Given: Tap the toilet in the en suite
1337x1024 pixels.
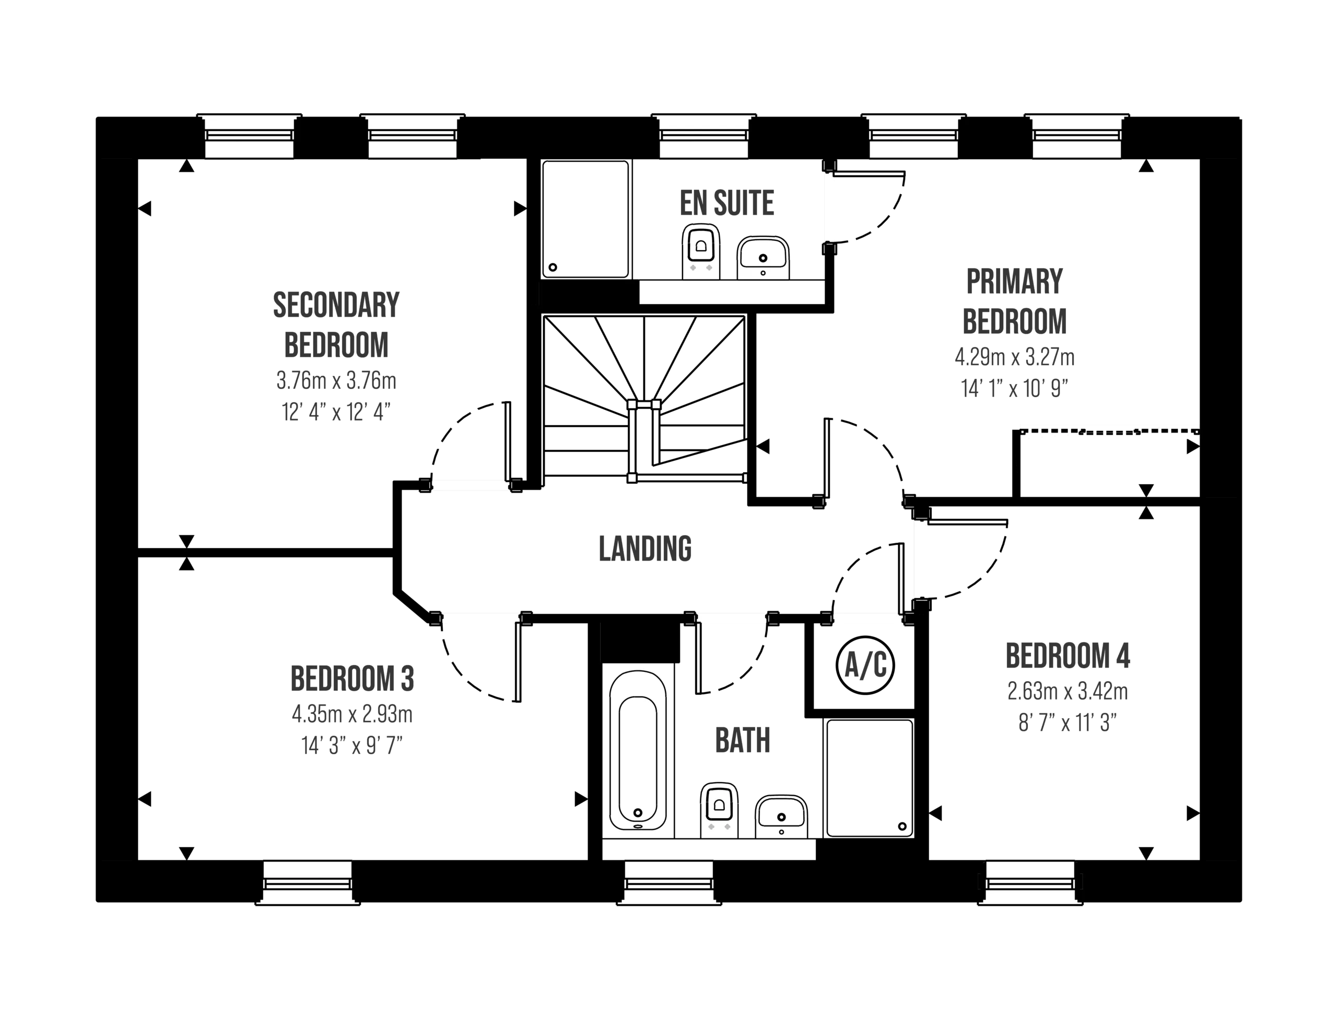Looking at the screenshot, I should click(701, 252).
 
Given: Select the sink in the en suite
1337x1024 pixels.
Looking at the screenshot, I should click(763, 259).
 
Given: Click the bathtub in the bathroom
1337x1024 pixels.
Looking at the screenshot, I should click(638, 750).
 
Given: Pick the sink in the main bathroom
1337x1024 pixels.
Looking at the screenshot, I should click(781, 817).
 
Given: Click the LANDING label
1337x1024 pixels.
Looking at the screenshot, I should click(644, 549).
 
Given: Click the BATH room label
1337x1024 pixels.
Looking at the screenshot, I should click(743, 738).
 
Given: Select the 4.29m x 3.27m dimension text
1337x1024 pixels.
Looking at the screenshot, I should click(1014, 357).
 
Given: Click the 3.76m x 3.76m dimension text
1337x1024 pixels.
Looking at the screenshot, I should click(336, 381).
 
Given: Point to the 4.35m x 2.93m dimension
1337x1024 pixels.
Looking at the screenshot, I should click(352, 714).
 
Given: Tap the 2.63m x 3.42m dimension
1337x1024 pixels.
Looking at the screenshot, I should click(1067, 692).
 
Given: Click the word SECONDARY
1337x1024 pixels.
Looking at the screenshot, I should click(336, 304).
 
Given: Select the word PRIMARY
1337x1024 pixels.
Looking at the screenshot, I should click(1015, 282).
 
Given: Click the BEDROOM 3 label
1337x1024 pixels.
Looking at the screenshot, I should click(351, 678).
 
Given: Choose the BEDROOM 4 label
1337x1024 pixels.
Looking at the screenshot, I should click(1068, 656).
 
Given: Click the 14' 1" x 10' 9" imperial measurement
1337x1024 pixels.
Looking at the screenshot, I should click(1014, 388).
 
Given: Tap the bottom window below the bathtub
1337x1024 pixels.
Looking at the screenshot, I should click(668, 881).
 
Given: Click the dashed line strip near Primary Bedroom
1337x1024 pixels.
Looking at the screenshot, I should click(1109, 432).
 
